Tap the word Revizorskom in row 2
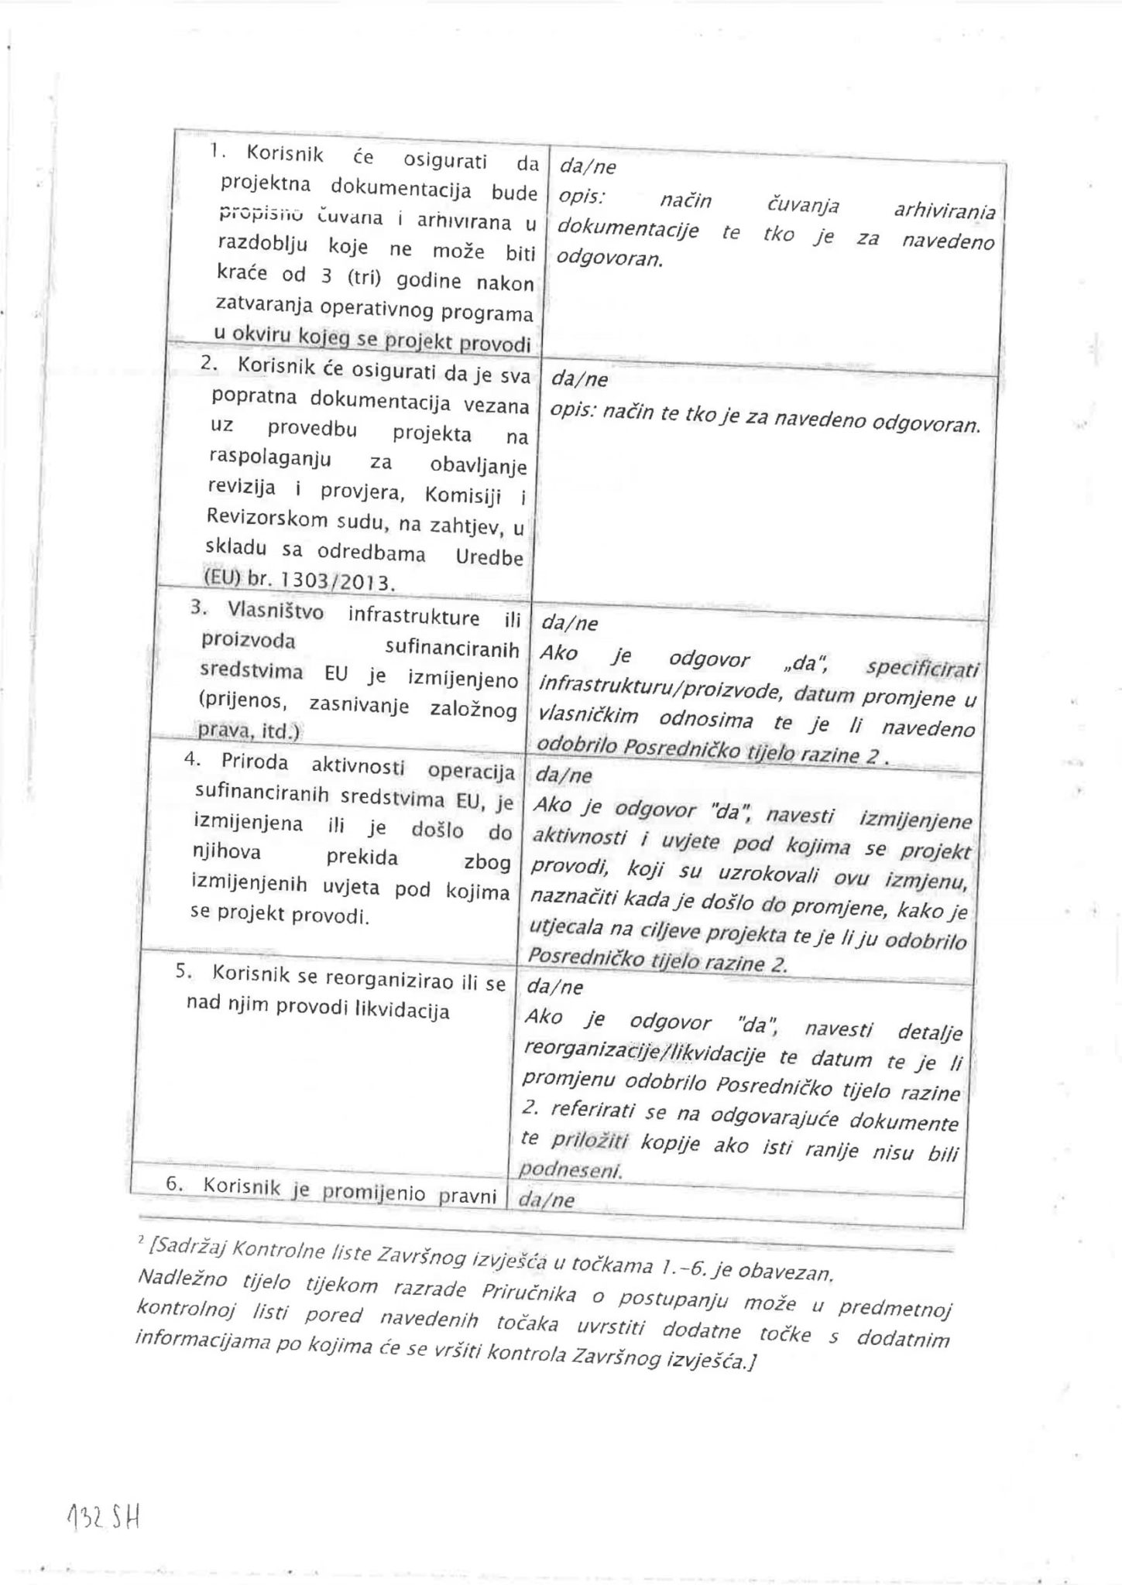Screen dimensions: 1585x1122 point(262,519)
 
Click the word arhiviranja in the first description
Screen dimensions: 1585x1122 point(945,211)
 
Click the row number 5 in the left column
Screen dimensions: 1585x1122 point(180,972)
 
